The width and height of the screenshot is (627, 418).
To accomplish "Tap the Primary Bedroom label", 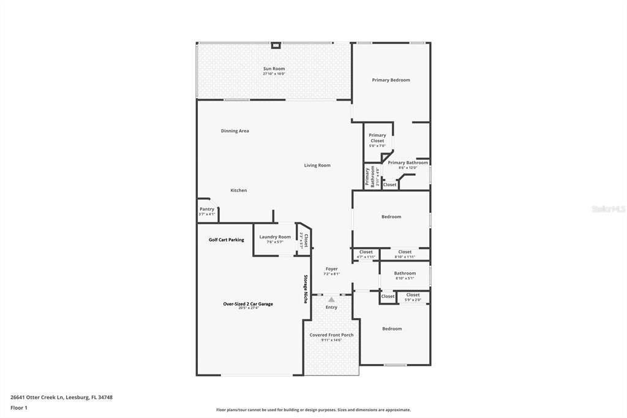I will click(391, 80).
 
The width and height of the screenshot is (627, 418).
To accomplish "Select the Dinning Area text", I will click(235, 131).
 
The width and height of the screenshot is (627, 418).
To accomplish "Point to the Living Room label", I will click(317, 165).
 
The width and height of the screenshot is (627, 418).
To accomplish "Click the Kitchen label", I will click(238, 190).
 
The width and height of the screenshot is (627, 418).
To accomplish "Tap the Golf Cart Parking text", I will click(226, 240).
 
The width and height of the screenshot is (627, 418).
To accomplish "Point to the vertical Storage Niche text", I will click(306, 289).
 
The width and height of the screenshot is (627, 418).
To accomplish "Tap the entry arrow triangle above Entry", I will click(331, 300).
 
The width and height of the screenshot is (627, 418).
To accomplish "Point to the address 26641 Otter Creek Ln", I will click(61, 397).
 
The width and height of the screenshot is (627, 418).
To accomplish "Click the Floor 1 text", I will click(19, 407).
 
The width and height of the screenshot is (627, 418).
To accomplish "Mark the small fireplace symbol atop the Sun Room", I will click(276, 45).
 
